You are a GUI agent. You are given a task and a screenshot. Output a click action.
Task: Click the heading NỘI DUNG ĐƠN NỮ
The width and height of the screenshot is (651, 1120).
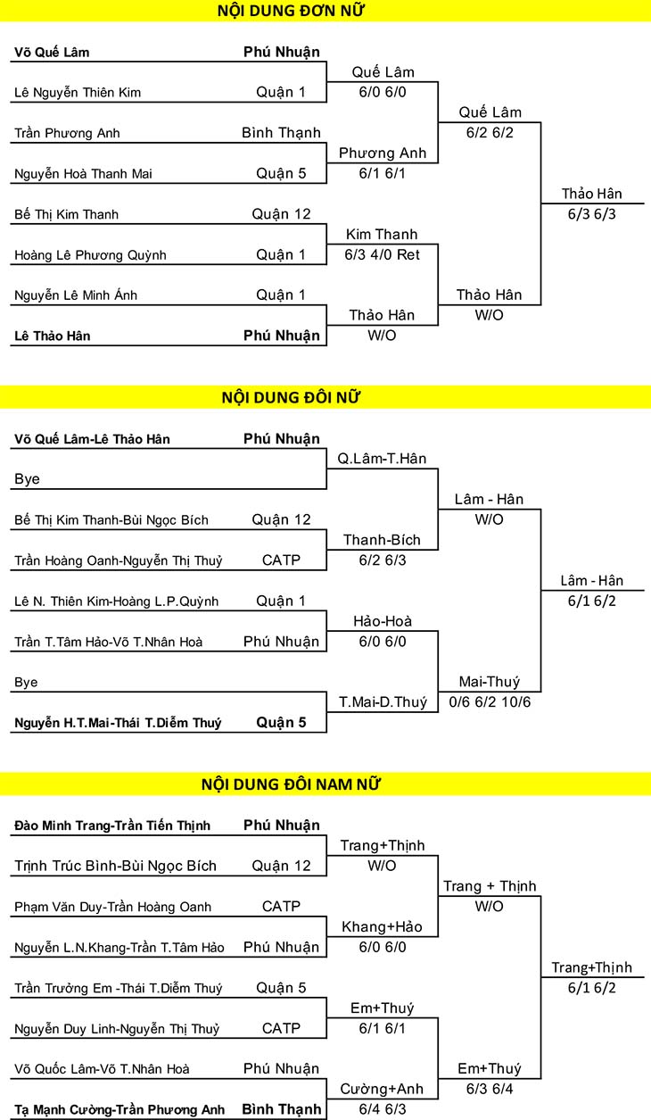291,11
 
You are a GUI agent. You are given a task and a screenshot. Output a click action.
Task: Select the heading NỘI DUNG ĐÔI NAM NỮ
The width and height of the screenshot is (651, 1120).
291,784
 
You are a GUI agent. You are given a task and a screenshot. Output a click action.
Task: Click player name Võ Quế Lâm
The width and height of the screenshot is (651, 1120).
52,53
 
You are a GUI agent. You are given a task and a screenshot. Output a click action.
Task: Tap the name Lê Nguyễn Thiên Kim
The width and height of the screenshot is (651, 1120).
78,93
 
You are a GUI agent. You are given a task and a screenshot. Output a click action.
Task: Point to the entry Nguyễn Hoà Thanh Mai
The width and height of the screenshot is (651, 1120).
83,174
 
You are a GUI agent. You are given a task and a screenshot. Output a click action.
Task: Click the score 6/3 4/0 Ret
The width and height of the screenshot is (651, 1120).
383,255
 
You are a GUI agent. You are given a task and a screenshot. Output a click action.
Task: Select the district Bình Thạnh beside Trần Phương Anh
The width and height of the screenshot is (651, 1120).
281,133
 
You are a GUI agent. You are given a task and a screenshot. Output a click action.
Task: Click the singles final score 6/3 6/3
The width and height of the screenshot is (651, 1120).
592,214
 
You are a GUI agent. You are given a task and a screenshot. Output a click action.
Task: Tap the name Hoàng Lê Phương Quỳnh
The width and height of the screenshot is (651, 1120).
90,255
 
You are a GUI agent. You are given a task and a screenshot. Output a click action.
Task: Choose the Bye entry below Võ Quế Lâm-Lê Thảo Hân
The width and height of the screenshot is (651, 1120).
27,479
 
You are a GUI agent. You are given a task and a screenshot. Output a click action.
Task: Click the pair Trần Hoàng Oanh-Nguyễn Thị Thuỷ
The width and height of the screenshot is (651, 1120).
118,561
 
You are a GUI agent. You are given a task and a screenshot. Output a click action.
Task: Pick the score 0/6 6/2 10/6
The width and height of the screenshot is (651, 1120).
490,702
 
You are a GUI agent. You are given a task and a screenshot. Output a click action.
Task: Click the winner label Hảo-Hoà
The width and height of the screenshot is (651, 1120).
383,621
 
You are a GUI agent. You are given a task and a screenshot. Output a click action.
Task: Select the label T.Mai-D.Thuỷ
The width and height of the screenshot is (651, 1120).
383,702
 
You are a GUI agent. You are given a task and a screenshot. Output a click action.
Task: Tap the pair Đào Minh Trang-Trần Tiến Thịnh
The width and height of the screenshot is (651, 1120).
112,825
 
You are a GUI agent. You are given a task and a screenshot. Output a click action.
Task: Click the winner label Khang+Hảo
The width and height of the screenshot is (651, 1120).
383,927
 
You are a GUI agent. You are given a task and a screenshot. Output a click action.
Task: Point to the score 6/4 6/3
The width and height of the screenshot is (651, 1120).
383,1109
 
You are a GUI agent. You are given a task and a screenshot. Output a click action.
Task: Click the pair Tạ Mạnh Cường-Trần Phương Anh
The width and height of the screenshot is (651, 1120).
119,1110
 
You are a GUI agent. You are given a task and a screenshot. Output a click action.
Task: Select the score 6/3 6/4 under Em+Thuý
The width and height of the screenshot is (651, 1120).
490,1089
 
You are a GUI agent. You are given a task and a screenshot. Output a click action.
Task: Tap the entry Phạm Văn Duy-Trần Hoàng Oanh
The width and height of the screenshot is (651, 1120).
113,907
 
